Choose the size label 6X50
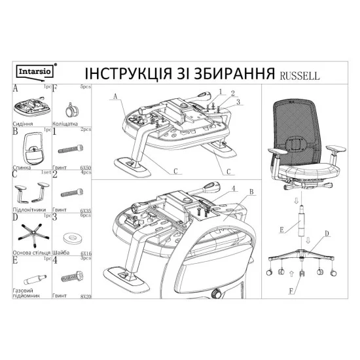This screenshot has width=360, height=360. click(x=85, y=168)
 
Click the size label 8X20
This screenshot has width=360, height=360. click(x=85, y=297)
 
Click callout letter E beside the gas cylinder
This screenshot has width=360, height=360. click(x=282, y=230)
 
